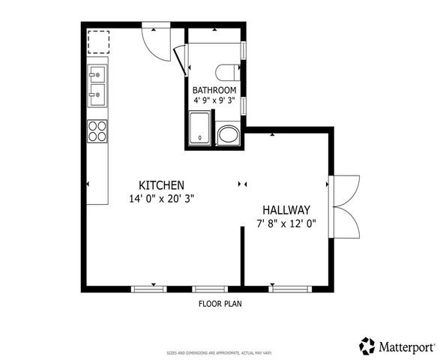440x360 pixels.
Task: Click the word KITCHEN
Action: (161, 185)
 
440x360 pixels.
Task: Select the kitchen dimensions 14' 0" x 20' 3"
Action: (162, 199)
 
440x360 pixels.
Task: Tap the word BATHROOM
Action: (214, 91)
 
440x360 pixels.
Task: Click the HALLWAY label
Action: (286, 210)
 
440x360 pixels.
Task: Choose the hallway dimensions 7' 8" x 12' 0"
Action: (286, 223)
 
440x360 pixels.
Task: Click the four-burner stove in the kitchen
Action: (97, 131)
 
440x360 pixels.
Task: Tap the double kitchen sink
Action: (97, 84)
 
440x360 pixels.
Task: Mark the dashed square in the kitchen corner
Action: (98, 42)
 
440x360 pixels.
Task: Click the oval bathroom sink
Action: (227, 136)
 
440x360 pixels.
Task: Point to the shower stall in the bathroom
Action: (200, 127)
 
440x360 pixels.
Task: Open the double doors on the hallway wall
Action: (343, 205)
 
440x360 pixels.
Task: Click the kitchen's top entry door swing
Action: (155, 43)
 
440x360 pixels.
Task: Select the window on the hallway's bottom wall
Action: (289, 288)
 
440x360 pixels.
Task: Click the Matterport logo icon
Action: (367, 346)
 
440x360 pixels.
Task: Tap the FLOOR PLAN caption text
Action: (220, 304)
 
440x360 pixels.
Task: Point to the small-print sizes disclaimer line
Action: (220, 352)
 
